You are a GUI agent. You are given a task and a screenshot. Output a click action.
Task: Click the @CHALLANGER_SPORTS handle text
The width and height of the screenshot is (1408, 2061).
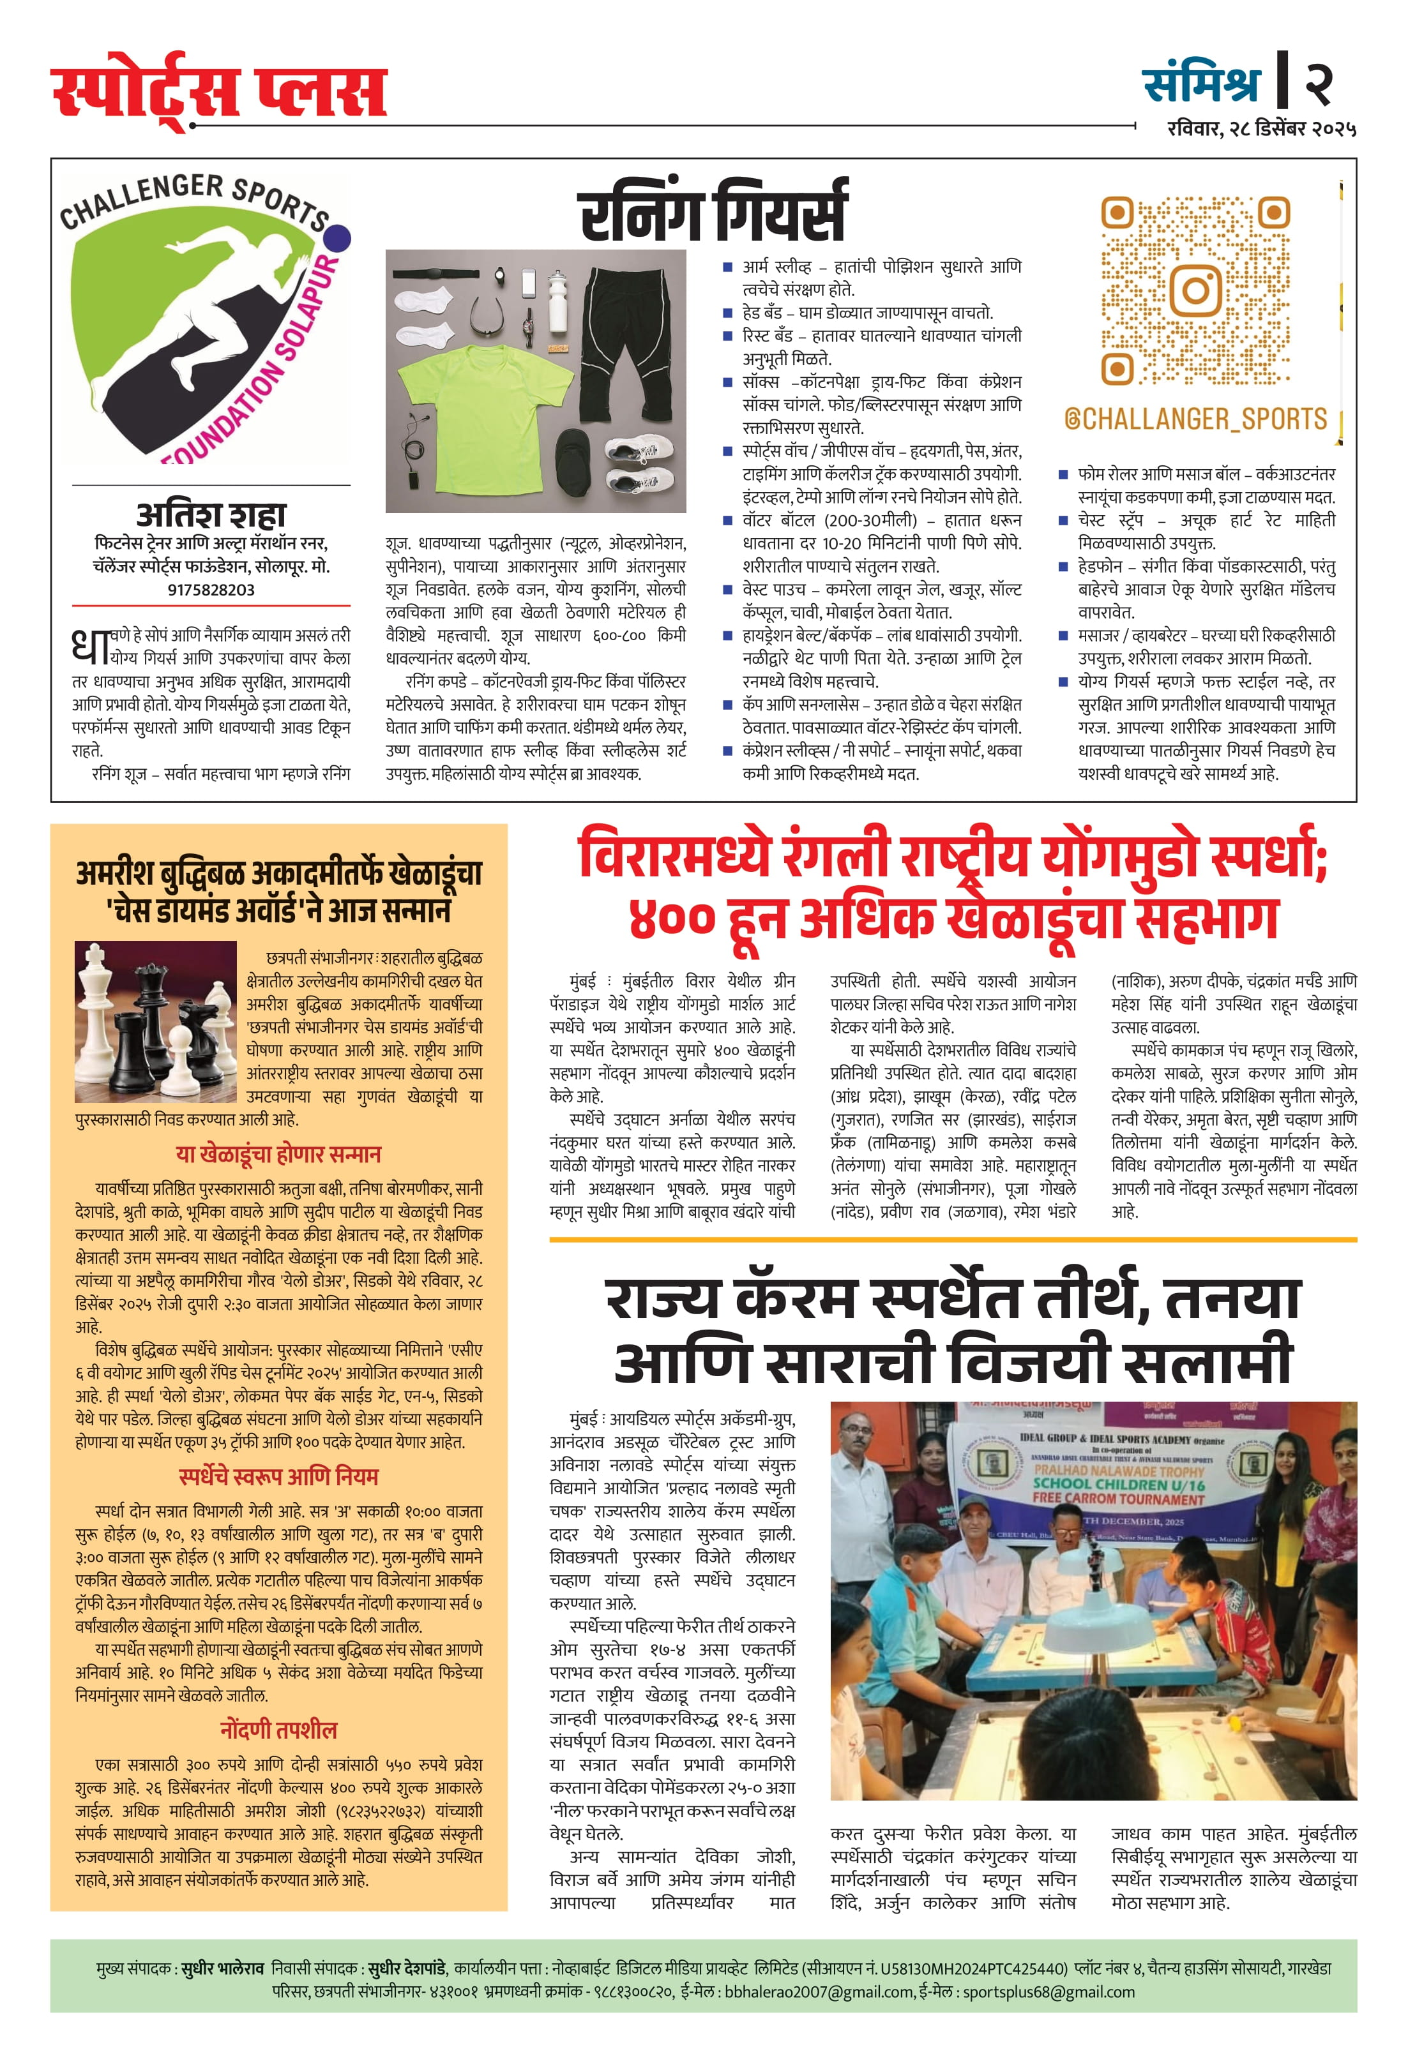click(x=1195, y=419)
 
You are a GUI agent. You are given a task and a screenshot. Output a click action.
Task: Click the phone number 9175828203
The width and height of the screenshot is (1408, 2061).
click(x=211, y=590)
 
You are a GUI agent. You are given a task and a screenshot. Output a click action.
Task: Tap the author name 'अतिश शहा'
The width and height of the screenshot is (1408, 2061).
click(x=211, y=514)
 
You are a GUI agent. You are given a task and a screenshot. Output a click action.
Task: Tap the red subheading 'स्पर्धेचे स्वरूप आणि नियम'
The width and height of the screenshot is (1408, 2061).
click(x=278, y=1476)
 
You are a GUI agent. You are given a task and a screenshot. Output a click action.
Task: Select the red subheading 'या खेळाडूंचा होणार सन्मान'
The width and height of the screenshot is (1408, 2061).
click(x=278, y=1155)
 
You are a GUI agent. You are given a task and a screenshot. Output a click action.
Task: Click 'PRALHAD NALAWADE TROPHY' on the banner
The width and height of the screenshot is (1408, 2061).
click(x=1119, y=1469)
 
